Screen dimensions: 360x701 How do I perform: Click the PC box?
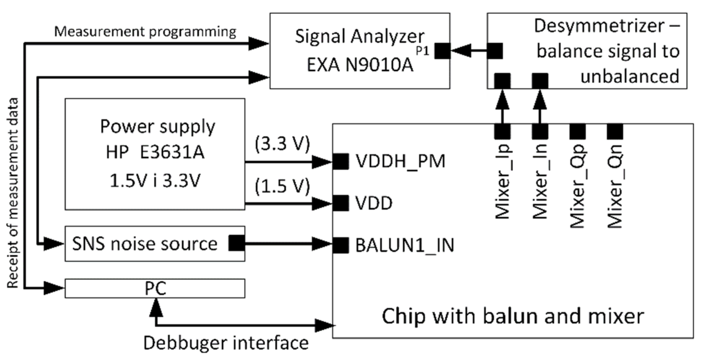(x=155, y=288)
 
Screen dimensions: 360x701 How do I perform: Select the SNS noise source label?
(x=145, y=244)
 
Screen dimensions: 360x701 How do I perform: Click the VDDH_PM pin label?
(x=400, y=161)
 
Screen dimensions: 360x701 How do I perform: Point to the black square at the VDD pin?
(x=341, y=203)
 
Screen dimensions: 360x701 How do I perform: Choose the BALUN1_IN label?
(x=404, y=246)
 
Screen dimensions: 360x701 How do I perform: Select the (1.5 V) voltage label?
(x=282, y=186)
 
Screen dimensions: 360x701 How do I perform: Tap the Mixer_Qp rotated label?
(x=577, y=186)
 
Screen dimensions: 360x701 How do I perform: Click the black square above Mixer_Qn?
(x=615, y=131)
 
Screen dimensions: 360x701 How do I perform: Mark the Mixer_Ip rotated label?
(x=503, y=182)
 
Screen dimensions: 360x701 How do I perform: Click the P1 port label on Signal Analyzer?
(x=422, y=51)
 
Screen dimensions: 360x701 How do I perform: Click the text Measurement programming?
(x=145, y=32)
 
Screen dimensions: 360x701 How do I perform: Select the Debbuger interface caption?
(x=226, y=343)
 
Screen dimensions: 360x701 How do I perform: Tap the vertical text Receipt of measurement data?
(x=13, y=193)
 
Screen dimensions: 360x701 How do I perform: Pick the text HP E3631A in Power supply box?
(x=155, y=153)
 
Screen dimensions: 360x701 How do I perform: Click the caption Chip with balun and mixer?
(x=512, y=316)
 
